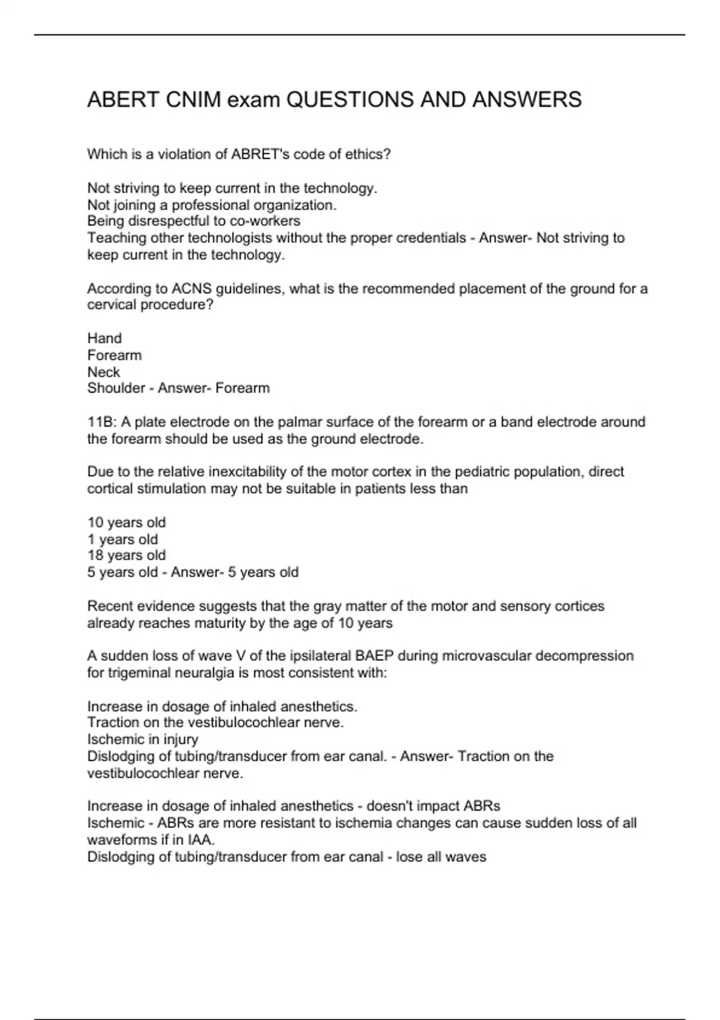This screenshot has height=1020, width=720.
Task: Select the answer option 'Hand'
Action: pyautogui.click(x=104, y=338)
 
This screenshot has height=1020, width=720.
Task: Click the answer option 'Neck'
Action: pyautogui.click(x=104, y=372)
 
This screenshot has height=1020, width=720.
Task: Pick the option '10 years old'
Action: pyautogui.click(x=127, y=523)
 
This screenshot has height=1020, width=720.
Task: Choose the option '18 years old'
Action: pyautogui.click(x=127, y=556)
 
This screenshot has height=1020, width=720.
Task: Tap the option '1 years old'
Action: pyautogui.click(x=123, y=539)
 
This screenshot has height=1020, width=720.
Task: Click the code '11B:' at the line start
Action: pyautogui.click(x=101, y=422)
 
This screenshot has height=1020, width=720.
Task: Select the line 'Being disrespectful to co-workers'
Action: pyautogui.click(x=194, y=221)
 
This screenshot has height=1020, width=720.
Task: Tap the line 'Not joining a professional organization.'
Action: pyautogui.click(x=212, y=205)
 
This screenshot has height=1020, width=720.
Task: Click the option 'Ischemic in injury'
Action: pyautogui.click(x=143, y=739)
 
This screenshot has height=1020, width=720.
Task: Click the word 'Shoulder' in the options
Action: pyautogui.click(x=117, y=388)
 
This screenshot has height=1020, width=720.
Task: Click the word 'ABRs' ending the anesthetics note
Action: pyautogui.click(x=482, y=806)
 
